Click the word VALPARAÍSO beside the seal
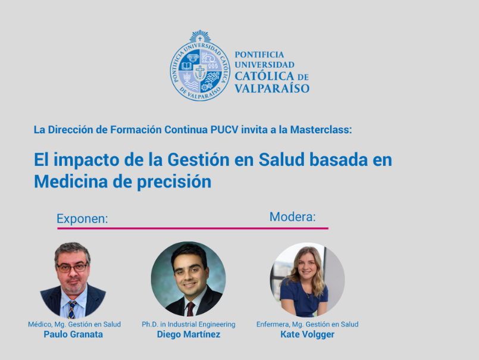272,89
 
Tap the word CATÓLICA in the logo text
264,76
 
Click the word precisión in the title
174,182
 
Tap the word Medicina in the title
71,181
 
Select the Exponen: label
82,219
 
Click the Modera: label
292,217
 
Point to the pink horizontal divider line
193,228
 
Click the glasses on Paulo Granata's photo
73,268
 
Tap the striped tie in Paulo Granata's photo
72,309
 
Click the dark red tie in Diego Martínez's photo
190,309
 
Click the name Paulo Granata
73,334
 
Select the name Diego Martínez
189,334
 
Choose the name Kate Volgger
307,334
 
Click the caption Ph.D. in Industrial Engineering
189,324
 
